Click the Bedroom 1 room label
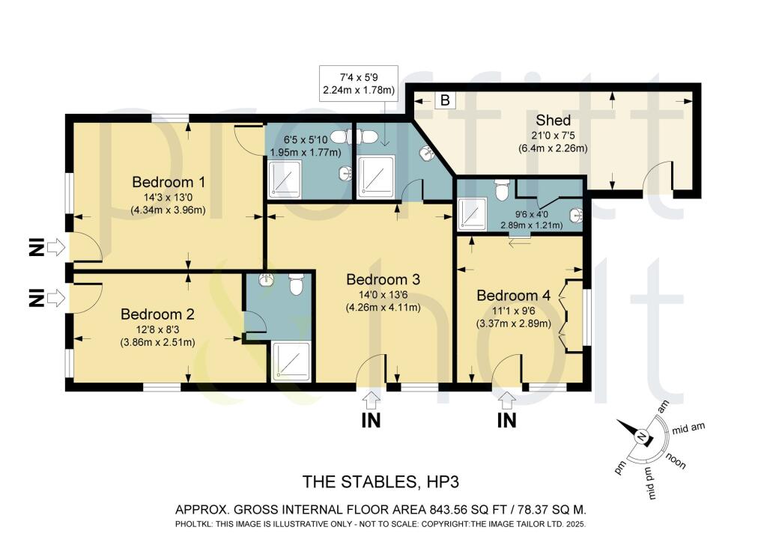(x=169, y=182)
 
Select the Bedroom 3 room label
(x=383, y=279)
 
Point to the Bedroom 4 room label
(x=514, y=296)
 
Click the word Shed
(x=553, y=121)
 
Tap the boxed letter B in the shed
(x=444, y=100)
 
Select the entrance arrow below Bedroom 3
(x=371, y=399)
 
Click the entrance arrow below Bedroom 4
(x=507, y=399)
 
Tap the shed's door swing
(x=659, y=177)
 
